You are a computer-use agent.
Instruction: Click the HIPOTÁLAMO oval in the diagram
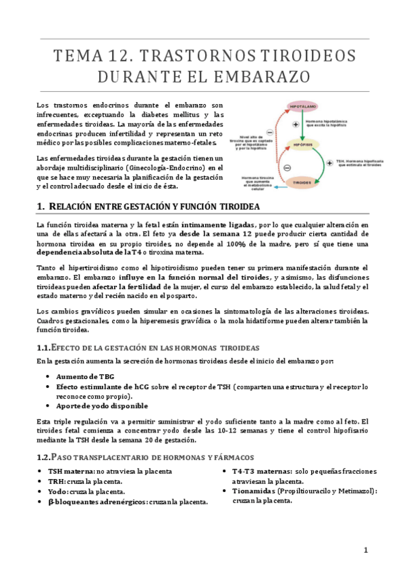pos(304,107)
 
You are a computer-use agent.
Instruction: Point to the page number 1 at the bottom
pos(366,550)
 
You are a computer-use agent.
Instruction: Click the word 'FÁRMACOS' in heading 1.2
pos(230,457)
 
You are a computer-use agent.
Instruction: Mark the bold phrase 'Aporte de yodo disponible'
pos(102,406)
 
